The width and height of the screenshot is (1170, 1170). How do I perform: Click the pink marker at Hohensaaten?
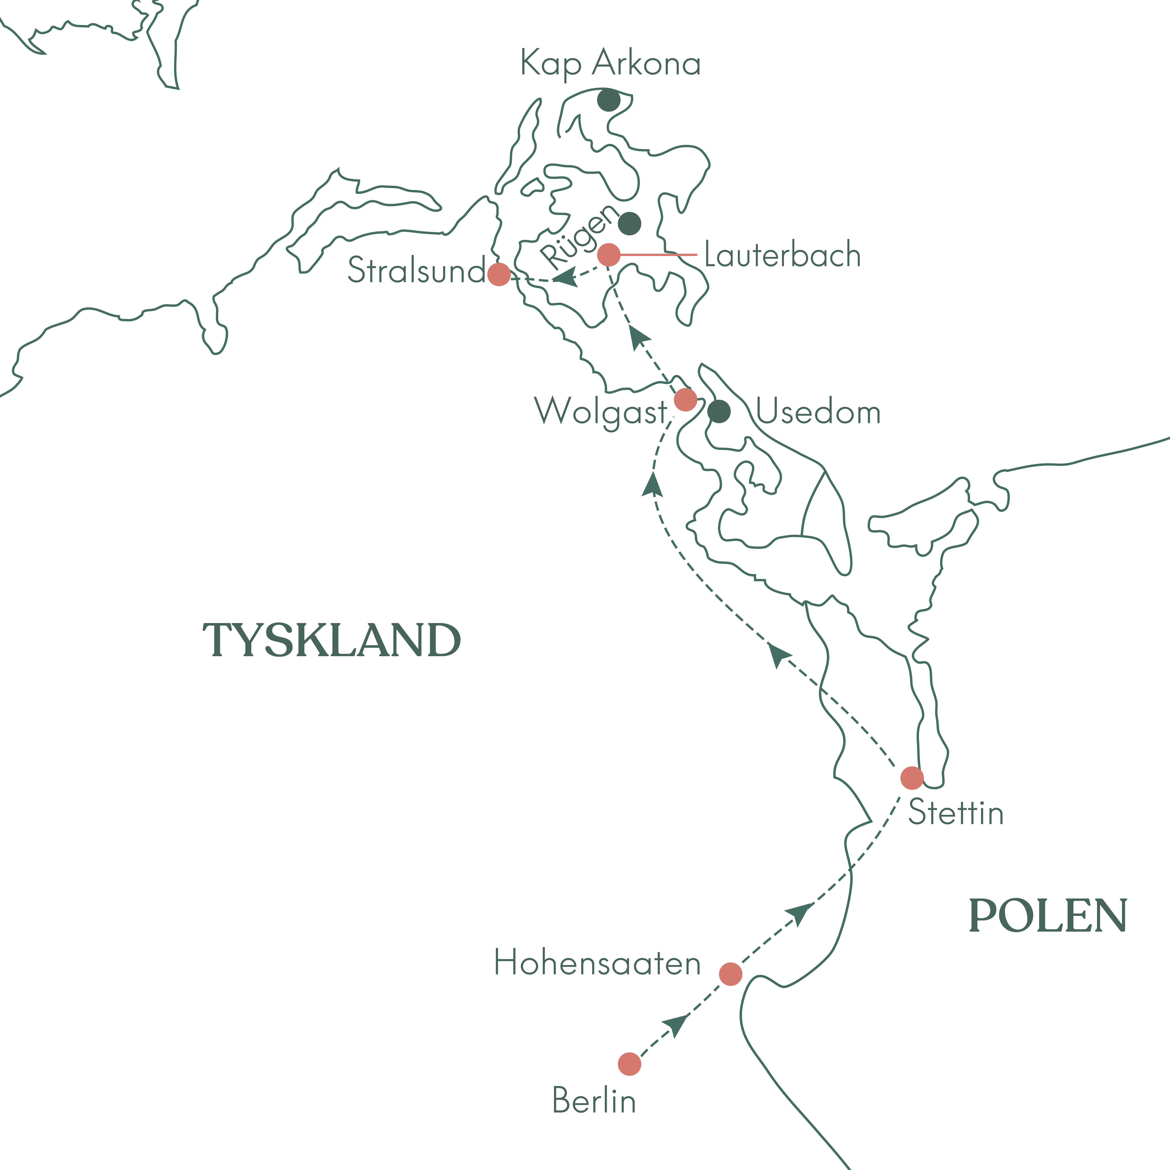[730, 974]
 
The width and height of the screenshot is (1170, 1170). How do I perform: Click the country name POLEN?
[1048, 916]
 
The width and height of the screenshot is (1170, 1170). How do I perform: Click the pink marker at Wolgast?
[685, 400]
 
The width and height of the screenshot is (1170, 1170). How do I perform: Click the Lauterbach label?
[782, 255]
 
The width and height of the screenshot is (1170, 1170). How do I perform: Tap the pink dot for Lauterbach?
[609, 255]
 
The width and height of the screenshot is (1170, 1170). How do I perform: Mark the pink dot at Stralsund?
[498, 274]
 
